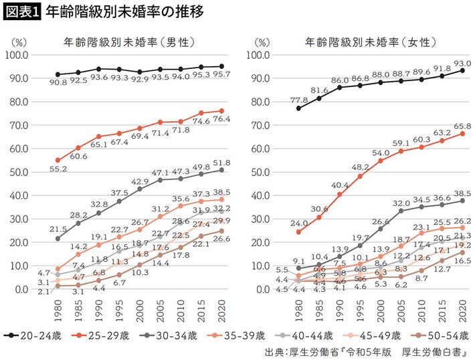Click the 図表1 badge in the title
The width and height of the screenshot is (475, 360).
point(22,13)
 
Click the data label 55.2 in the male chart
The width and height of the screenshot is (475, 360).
point(58,171)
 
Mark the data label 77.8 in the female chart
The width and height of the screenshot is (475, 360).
point(298,100)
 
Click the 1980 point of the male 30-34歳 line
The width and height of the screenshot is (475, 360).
point(58,238)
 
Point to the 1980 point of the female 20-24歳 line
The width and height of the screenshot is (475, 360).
point(298,108)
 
